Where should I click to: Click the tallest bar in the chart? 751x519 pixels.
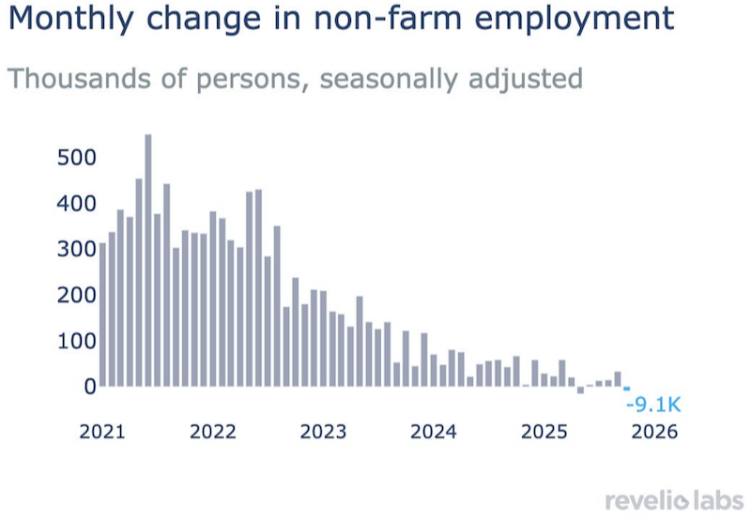(148, 260)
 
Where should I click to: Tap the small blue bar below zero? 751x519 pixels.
(626, 389)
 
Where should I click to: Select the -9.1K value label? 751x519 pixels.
(653, 405)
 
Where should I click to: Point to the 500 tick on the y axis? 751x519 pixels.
(77, 158)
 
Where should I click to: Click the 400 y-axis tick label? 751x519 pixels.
(77, 204)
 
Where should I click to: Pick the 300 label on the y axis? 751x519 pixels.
(77, 249)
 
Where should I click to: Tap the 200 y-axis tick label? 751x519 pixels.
(77, 295)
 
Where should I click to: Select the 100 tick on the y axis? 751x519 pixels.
(77, 341)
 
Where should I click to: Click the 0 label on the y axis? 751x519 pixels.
(90, 387)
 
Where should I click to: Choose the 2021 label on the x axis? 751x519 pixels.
(102, 432)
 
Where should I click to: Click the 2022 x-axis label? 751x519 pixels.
(213, 432)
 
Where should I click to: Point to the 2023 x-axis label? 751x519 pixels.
(323, 432)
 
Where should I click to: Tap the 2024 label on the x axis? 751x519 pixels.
(434, 432)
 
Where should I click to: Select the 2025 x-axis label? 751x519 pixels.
(544, 432)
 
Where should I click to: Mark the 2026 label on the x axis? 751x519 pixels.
(654, 432)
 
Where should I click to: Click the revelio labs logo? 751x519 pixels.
(674, 501)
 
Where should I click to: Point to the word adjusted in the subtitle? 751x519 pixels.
(526, 80)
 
